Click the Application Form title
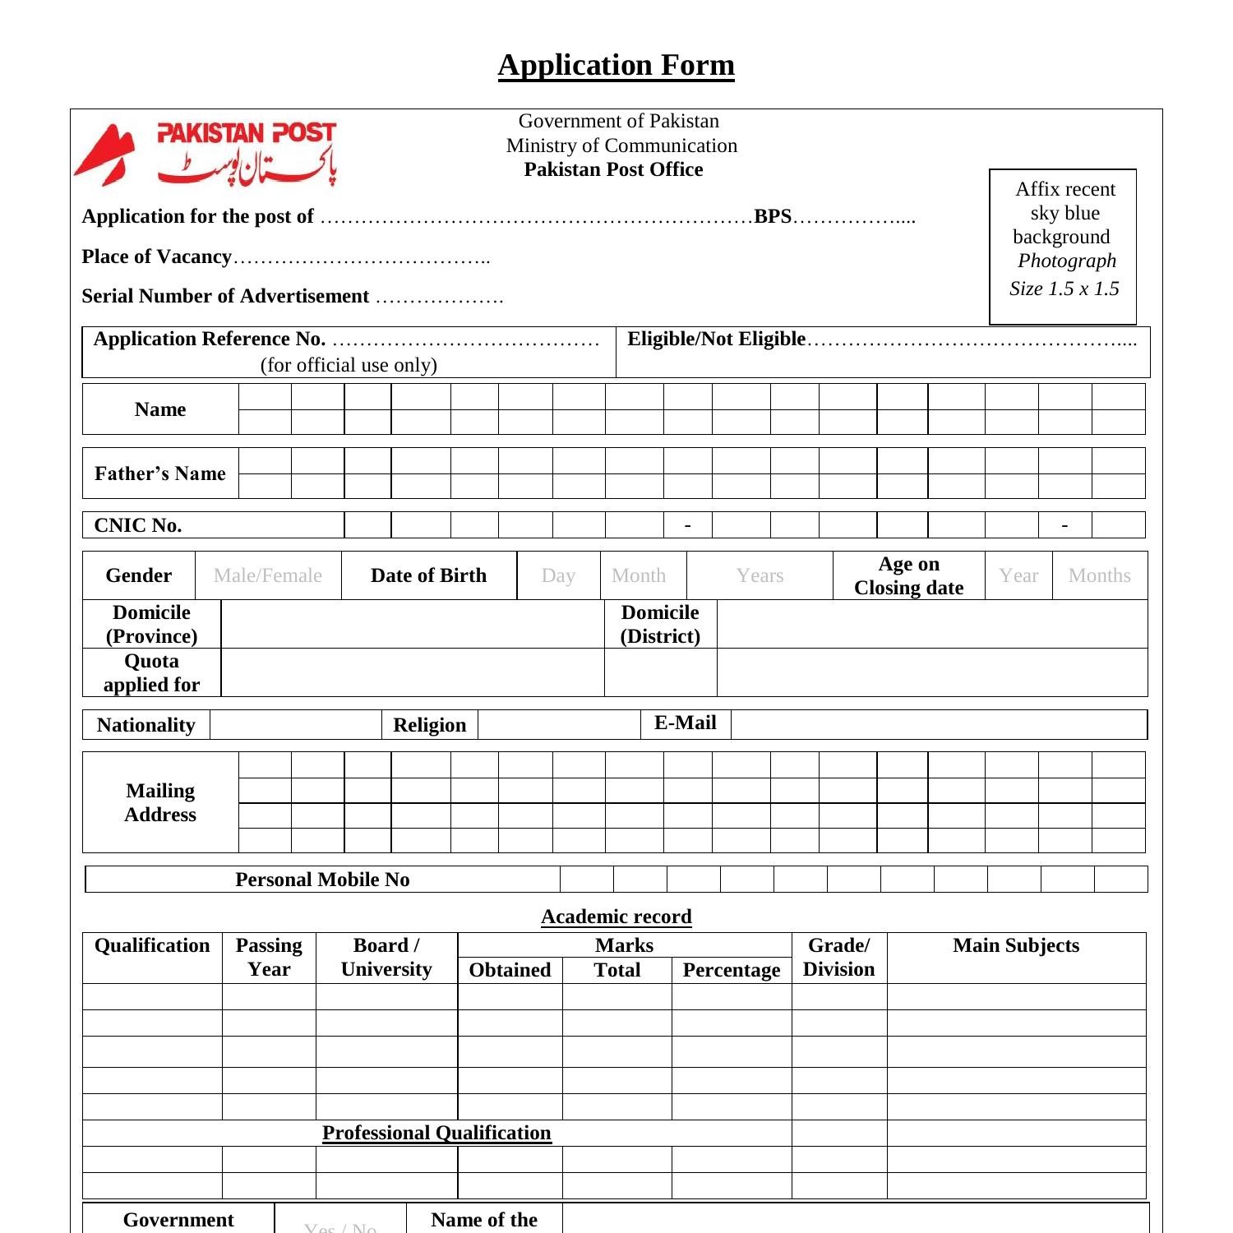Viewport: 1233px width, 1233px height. point(616,65)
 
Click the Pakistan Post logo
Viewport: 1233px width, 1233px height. point(205,154)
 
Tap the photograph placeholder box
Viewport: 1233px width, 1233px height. point(1063,247)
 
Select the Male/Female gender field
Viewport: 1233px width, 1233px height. point(268,575)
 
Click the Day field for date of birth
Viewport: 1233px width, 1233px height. point(558,575)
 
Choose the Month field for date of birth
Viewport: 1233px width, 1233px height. point(640,575)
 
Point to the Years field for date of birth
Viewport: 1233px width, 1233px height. point(760,575)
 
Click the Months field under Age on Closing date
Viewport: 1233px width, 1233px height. point(1099,575)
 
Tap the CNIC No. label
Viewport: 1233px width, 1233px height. point(138,525)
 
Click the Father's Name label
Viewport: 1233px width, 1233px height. point(160,473)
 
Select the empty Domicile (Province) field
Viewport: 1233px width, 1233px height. point(413,624)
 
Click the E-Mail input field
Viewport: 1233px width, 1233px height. point(938,724)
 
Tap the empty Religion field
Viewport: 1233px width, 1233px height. point(559,724)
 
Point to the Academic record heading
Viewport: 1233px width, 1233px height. point(616,917)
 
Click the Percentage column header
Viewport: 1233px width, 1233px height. point(731,970)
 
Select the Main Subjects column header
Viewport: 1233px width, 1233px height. point(1016,946)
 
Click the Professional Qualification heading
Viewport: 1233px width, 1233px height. point(436,1133)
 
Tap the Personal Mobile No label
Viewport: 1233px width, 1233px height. point(322,880)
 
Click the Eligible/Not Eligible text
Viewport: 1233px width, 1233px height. point(716,339)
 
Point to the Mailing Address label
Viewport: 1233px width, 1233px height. point(160,802)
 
